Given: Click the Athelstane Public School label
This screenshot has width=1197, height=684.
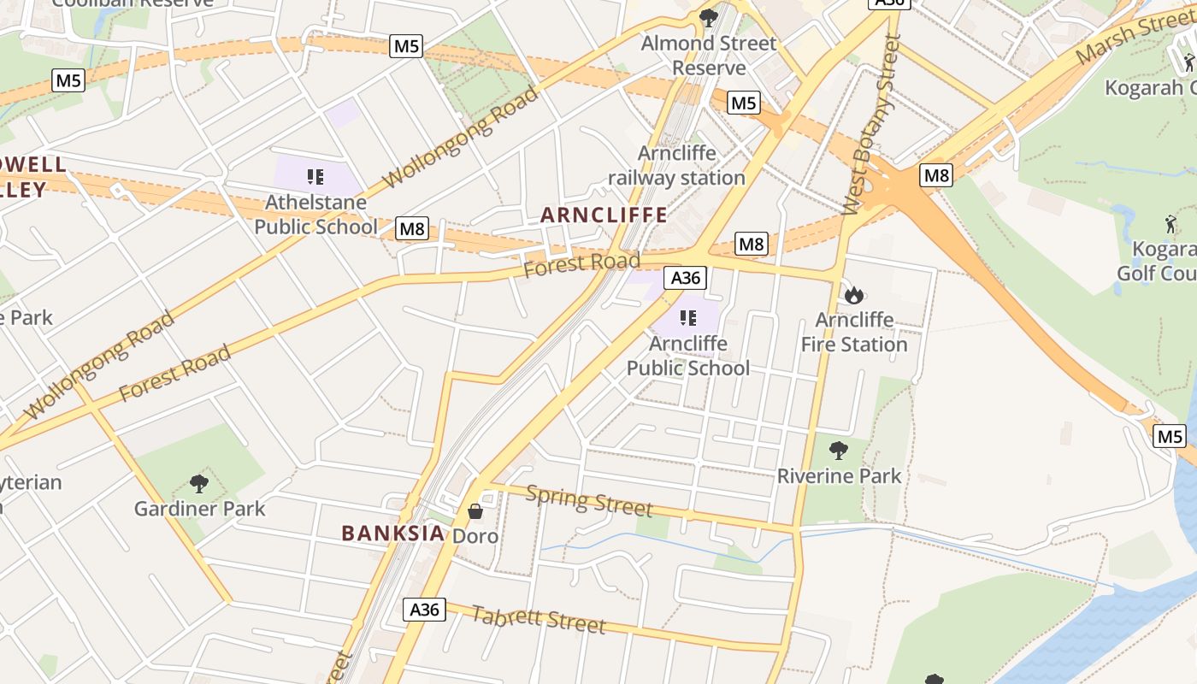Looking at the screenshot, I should [x=315, y=215].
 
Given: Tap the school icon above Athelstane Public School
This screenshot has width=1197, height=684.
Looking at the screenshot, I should [x=315, y=177].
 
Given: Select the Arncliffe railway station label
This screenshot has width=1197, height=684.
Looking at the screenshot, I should [x=677, y=166].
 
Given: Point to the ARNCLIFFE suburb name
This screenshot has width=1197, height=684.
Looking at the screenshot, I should [x=604, y=215].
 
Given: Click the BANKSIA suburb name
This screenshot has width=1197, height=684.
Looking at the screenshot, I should [x=393, y=534].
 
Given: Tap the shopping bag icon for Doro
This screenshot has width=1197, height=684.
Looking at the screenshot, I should [x=475, y=511].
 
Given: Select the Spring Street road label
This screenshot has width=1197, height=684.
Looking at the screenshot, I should [x=589, y=500].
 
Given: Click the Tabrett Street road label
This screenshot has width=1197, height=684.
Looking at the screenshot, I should [x=538, y=620].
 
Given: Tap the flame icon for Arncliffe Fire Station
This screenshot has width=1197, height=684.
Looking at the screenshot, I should [x=853, y=295].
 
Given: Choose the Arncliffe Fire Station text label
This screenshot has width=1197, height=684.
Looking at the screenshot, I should [x=854, y=333].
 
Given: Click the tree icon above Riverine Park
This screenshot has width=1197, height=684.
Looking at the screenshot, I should [x=839, y=450].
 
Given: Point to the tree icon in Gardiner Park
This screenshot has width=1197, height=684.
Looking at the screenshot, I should [x=199, y=484].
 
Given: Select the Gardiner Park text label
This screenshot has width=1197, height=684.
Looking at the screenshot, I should [x=199, y=509].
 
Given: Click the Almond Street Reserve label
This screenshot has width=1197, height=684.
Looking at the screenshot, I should [x=709, y=55].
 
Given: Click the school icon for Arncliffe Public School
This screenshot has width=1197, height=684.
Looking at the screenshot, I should [x=687, y=318].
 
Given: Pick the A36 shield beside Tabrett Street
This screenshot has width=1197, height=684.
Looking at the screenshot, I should [x=424, y=610].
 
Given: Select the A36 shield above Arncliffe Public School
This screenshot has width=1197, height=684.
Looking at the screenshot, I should [x=686, y=277].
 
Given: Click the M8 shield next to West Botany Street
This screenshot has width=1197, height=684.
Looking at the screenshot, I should [x=936, y=175].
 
